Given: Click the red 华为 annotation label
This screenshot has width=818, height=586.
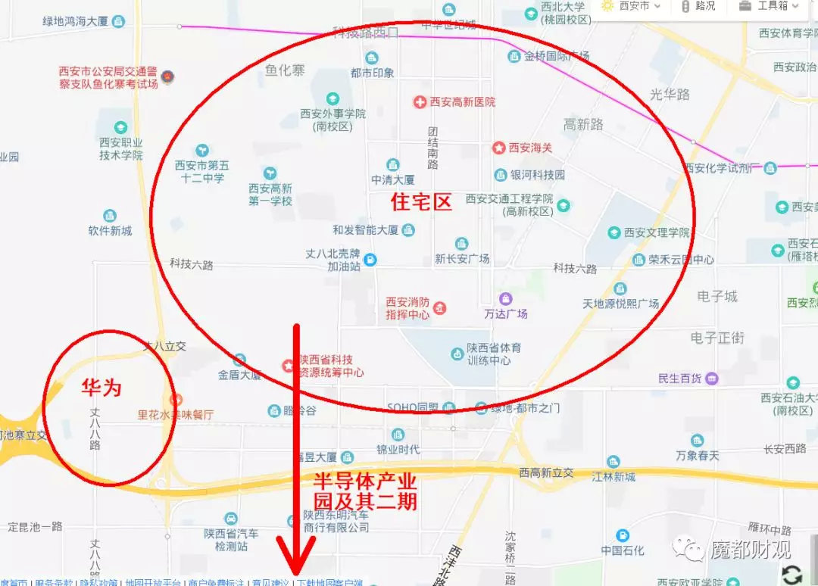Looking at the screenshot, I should (x=101, y=388).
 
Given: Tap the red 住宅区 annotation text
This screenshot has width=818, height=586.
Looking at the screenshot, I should (x=420, y=202).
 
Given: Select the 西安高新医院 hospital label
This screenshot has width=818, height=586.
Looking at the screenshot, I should (x=463, y=101).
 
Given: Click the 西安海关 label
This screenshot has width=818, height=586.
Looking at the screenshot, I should (x=530, y=148).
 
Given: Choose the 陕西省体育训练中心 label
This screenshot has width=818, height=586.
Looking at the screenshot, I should (x=489, y=354).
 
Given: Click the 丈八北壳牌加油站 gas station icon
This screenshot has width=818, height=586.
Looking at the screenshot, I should (x=370, y=260).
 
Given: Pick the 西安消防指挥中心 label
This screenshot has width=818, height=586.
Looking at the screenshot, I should (x=407, y=307).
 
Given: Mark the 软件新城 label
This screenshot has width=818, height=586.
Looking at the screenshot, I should (x=110, y=231).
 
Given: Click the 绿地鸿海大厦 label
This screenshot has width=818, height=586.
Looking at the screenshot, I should (x=76, y=21).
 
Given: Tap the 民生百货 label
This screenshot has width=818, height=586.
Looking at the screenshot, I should (x=680, y=378).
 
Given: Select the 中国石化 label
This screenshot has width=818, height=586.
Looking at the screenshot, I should (x=623, y=550).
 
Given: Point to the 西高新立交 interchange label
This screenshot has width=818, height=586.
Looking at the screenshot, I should (x=546, y=473).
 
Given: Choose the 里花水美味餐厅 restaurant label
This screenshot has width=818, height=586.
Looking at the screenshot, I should (x=175, y=414).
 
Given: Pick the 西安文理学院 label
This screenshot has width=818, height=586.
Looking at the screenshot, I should (x=657, y=232).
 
